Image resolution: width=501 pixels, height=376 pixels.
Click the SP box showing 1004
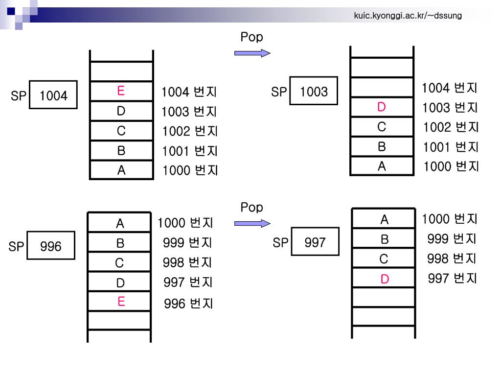[x=53, y=95]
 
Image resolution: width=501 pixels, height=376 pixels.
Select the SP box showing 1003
[x=314, y=91]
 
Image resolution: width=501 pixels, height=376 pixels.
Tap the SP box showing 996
[x=51, y=246]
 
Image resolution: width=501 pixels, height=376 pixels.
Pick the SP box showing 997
[x=315, y=242]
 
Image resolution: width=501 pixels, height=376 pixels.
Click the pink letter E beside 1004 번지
[x=121, y=91]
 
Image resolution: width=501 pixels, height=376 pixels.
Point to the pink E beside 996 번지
[x=121, y=302]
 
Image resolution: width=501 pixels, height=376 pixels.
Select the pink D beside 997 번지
[x=385, y=280]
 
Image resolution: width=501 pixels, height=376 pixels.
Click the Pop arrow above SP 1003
[x=252, y=53]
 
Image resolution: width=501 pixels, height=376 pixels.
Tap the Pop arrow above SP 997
[x=252, y=223]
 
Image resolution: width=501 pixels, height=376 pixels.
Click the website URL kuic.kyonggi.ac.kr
[x=408, y=17]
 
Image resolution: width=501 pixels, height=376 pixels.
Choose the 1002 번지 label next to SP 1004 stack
[x=190, y=132]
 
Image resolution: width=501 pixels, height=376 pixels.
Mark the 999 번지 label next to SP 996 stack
[x=187, y=243]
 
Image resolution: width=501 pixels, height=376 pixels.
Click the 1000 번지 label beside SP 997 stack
[x=450, y=219]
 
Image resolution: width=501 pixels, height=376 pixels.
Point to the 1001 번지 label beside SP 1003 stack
[x=451, y=147]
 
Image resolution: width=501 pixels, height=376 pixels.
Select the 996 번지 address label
[x=188, y=304]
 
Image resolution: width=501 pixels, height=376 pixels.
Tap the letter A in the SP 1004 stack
[x=121, y=170]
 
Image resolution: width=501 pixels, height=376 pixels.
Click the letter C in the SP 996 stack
[x=119, y=263]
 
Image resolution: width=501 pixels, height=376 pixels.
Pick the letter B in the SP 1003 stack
[x=382, y=146]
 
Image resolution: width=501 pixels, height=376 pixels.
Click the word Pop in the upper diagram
[x=251, y=37]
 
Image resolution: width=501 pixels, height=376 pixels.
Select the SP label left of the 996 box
[x=16, y=247]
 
